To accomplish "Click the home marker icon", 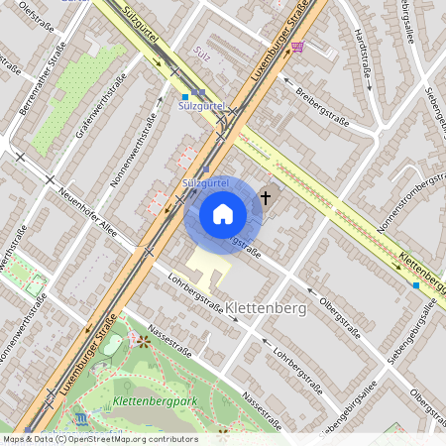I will pos(222,213).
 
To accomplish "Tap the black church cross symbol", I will pos(265,198).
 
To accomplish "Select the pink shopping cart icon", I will pos(298,47).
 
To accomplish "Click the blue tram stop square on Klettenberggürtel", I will pos(415,284).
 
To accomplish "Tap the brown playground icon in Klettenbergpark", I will pos(144,342).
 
